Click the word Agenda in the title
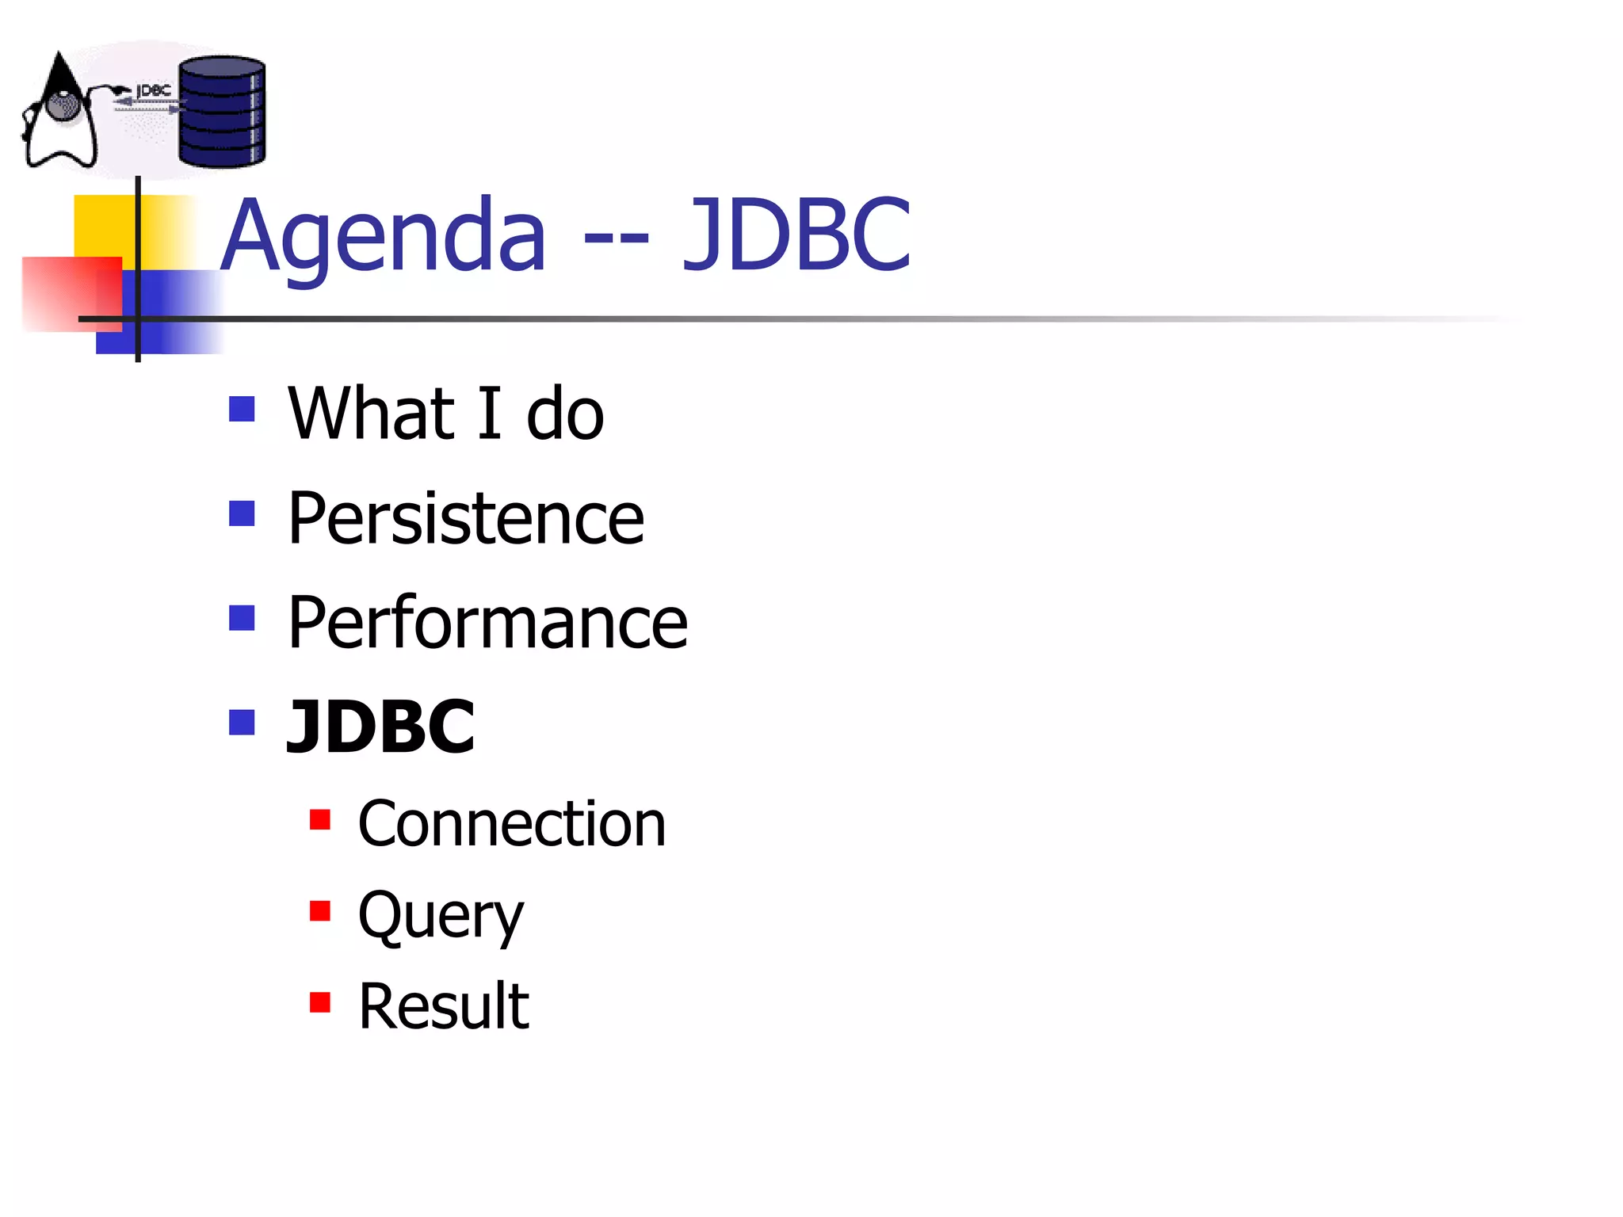(384, 236)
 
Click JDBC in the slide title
(796, 236)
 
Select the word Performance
(487, 623)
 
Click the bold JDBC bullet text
(381, 727)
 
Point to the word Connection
(512, 824)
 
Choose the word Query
(441, 915)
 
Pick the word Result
(444, 1006)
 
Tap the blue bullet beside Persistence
(242, 513)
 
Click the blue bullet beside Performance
(242, 618)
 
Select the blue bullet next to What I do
(242, 409)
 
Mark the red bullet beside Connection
(320, 819)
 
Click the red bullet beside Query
(320, 911)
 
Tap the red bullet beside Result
(320, 1002)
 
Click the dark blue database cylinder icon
(222, 112)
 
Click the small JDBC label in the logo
(154, 91)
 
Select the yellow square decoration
(103, 226)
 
